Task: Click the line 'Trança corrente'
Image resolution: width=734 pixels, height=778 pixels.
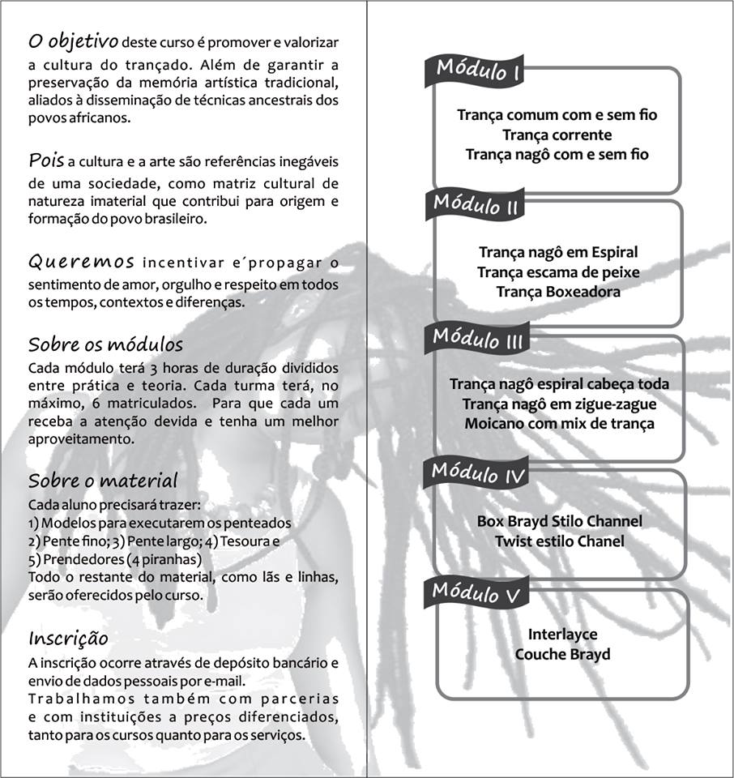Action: point(557,135)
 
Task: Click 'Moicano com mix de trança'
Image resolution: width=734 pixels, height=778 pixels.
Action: point(559,422)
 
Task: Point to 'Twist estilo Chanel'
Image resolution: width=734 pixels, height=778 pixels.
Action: point(559,541)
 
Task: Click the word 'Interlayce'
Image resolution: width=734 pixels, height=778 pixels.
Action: point(562,635)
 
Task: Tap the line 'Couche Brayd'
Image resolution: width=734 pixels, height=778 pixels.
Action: point(562,654)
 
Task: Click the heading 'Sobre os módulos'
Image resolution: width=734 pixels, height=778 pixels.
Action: point(105,344)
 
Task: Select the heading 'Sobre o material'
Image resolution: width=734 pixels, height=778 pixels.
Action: point(103,481)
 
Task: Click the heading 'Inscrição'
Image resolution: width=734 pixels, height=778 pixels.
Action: point(68,637)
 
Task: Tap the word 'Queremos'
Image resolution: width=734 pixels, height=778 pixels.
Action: point(81,262)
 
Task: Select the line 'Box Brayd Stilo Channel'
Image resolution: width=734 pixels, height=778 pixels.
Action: point(559,520)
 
